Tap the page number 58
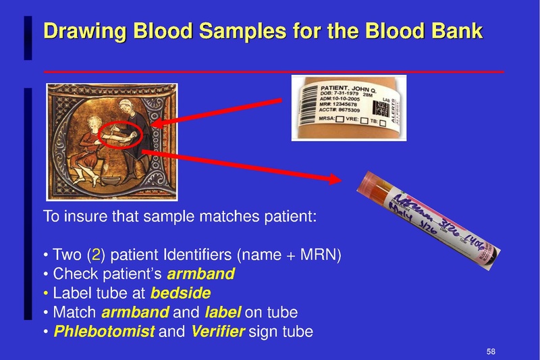(491, 351)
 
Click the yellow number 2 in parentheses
(97, 256)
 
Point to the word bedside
(180, 294)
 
